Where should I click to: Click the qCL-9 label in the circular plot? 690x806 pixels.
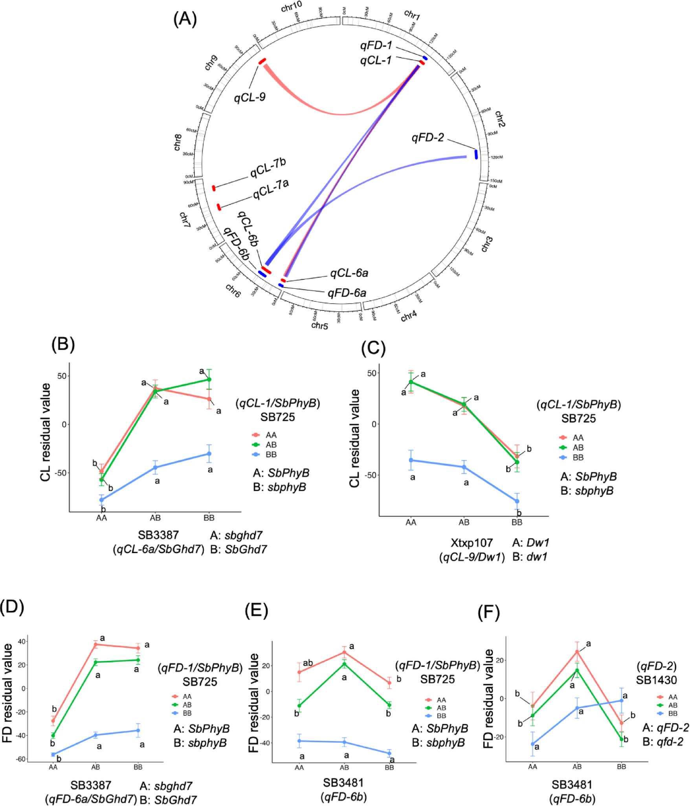[x=250, y=96]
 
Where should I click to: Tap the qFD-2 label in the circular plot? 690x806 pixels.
[x=428, y=137]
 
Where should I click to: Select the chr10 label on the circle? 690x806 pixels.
[x=292, y=6]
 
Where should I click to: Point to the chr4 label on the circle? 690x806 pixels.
[x=409, y=315]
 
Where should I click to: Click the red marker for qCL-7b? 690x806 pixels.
[x=214, y=188]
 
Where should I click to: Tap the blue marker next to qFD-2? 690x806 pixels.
[x=476, y=154]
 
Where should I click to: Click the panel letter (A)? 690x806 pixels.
[x=185, y=18]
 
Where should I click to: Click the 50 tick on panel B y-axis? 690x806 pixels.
[x=62, y=376]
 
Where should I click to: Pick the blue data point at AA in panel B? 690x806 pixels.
[x=101, y=500]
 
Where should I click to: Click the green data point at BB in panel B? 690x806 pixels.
[x=209, y=379]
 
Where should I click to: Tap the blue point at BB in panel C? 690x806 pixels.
[x=517, y=501]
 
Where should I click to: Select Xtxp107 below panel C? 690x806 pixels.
[x=472, y=542]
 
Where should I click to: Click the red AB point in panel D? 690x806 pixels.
[x=95, y=644]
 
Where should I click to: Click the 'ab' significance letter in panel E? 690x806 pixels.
[x=308, y=663]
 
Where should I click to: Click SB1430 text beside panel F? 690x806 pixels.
[x=656, y=680]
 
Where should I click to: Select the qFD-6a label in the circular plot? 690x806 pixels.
[x=347, y=293]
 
